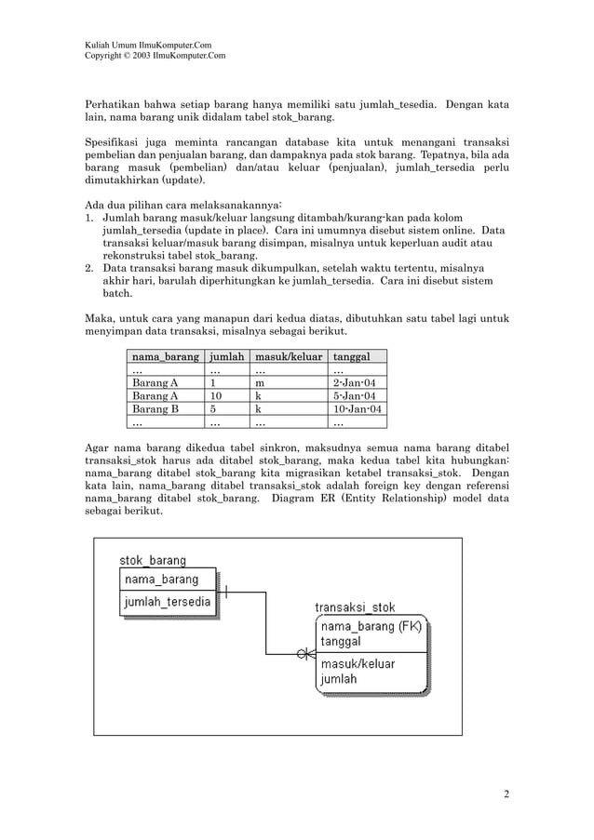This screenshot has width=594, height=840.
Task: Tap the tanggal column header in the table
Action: coord(352,356)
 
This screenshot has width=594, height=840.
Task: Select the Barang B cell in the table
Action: coord(155,408)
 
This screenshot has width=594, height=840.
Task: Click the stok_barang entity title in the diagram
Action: coord(153,560)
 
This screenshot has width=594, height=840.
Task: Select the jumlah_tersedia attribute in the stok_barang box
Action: coord(168,603)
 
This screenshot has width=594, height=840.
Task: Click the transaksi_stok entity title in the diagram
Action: coord(355,607)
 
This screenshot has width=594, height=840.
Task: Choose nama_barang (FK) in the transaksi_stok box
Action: coord(371,626)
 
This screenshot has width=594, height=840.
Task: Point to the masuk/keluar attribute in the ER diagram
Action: coord(358,664)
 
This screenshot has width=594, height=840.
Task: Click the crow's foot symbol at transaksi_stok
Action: coord(305,654)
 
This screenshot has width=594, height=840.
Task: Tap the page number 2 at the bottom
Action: coord(506,793)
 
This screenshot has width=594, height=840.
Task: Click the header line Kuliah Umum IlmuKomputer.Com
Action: coord(148,46)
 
